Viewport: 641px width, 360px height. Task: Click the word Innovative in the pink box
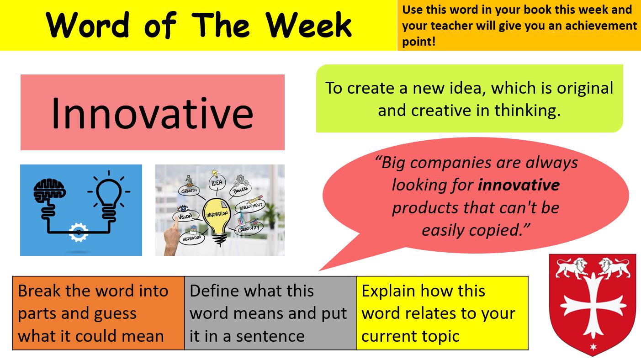[152, 113]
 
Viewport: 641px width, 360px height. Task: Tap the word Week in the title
[308, 25]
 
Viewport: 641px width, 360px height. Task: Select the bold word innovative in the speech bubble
[519, 185]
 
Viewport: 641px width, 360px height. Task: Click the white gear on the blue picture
[78, 233]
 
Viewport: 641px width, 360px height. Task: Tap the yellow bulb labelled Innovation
[217, 214]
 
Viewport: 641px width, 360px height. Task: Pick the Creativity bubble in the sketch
[249, 228]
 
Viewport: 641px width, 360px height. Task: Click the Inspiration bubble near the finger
[192, 238]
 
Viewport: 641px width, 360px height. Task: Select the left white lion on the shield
[572, 268]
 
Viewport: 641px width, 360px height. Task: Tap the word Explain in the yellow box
[389, 291]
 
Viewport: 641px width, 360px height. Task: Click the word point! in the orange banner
[419, 42]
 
